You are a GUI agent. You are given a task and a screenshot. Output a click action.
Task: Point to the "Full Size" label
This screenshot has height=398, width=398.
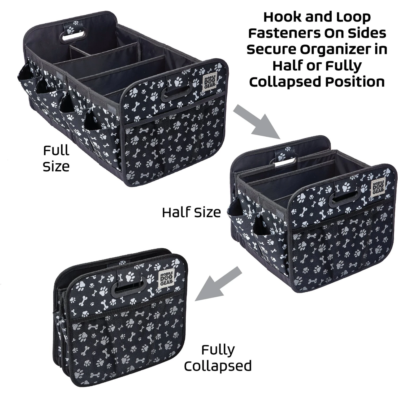coord(56,158)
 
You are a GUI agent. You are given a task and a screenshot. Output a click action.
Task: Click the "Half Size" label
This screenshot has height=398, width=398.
coord(191,212)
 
